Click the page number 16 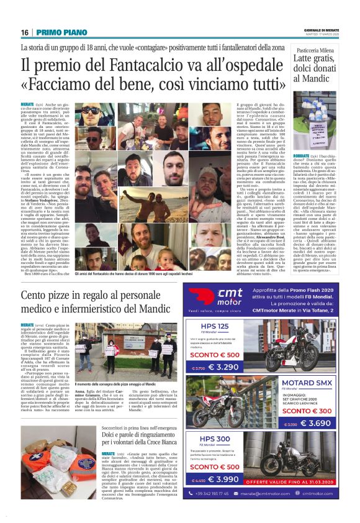pyautogui.click(x=25, y=32)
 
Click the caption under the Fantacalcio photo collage pyautogui.click(x=153, y=274)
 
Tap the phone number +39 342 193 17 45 pyautogui.click(x=228, y=494)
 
